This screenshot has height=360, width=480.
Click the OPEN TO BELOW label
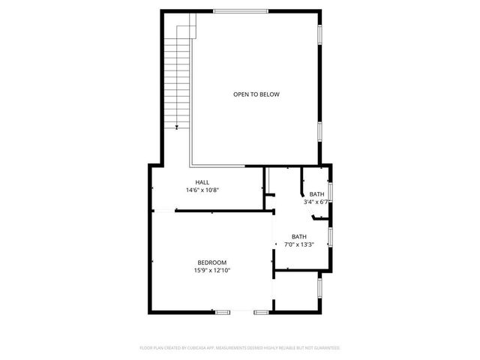[x=256, y=94]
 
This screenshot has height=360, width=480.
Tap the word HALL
[x=202, y=182]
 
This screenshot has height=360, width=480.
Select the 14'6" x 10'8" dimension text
[x=202, y=190]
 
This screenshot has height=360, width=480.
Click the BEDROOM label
[x=212, y=262]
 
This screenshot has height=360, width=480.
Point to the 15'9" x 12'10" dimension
[x=212, y=270]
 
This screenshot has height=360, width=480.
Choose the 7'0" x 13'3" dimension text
[x=298, y=244]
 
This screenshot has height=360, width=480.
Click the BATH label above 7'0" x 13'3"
[x=299, y=236]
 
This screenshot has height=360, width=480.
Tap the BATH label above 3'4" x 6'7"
[x=317, y=194]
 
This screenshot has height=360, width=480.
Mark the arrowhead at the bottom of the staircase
[x=178, y=128]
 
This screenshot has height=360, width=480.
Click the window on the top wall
[x=240, y=10]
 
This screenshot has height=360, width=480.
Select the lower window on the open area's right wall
[x=321, y=133]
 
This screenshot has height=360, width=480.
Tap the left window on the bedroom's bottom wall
[x=223, y=311]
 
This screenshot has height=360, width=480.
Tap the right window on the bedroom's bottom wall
[x=261, y=311]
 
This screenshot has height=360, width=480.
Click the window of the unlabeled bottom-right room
[x=321, y=287]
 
